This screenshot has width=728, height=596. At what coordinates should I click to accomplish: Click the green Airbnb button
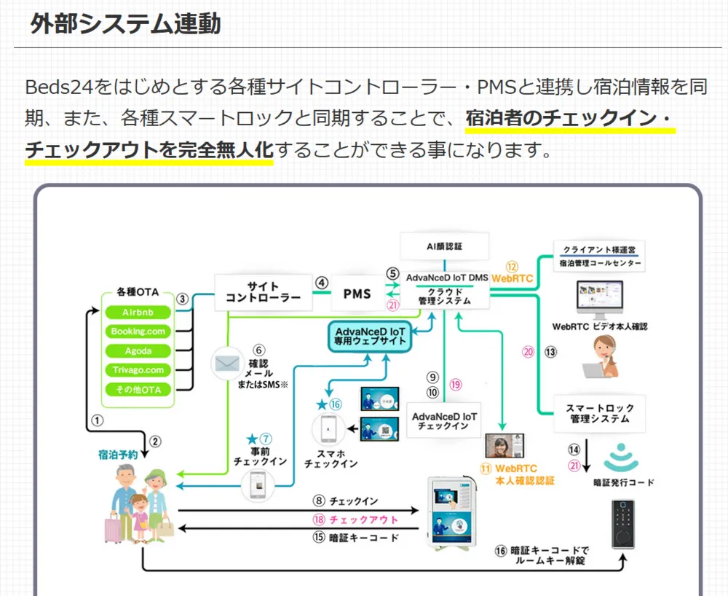tap(138, 312)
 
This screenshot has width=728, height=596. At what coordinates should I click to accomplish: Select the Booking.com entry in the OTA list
tap(138, 332)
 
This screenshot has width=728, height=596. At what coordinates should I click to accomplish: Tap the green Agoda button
tap(138, 351)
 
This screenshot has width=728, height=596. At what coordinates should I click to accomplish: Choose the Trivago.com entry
tap(138, 370)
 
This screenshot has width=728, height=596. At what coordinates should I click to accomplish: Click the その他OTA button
tap(138, 390)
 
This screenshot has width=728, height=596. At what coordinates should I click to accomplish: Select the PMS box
tap(357, 294)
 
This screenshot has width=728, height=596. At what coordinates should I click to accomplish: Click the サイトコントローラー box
tap(263, 292)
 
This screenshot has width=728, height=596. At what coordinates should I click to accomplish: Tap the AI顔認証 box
tap(444, 246)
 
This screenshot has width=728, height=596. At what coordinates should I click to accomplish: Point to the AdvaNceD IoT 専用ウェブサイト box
tap(370, 335)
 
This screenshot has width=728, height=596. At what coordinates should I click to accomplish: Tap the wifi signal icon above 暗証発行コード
tap(620, 457)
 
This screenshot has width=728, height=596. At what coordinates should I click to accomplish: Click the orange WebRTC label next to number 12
tap(512, 278)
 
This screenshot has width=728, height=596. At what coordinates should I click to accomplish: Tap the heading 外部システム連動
tap(125, 24)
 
